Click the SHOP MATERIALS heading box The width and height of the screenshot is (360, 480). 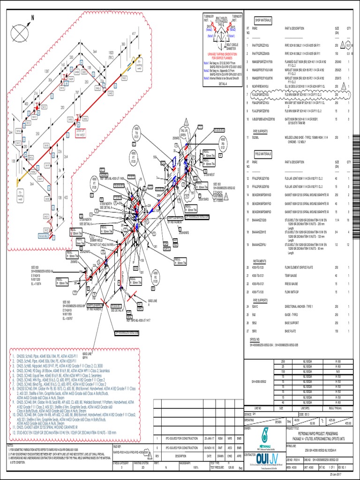(x=264, y=21)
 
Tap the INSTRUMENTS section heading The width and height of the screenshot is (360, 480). (x=260, y=261)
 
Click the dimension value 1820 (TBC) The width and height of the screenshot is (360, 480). (x=111, y=54)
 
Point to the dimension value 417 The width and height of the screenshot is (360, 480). (x=134, y=33)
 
